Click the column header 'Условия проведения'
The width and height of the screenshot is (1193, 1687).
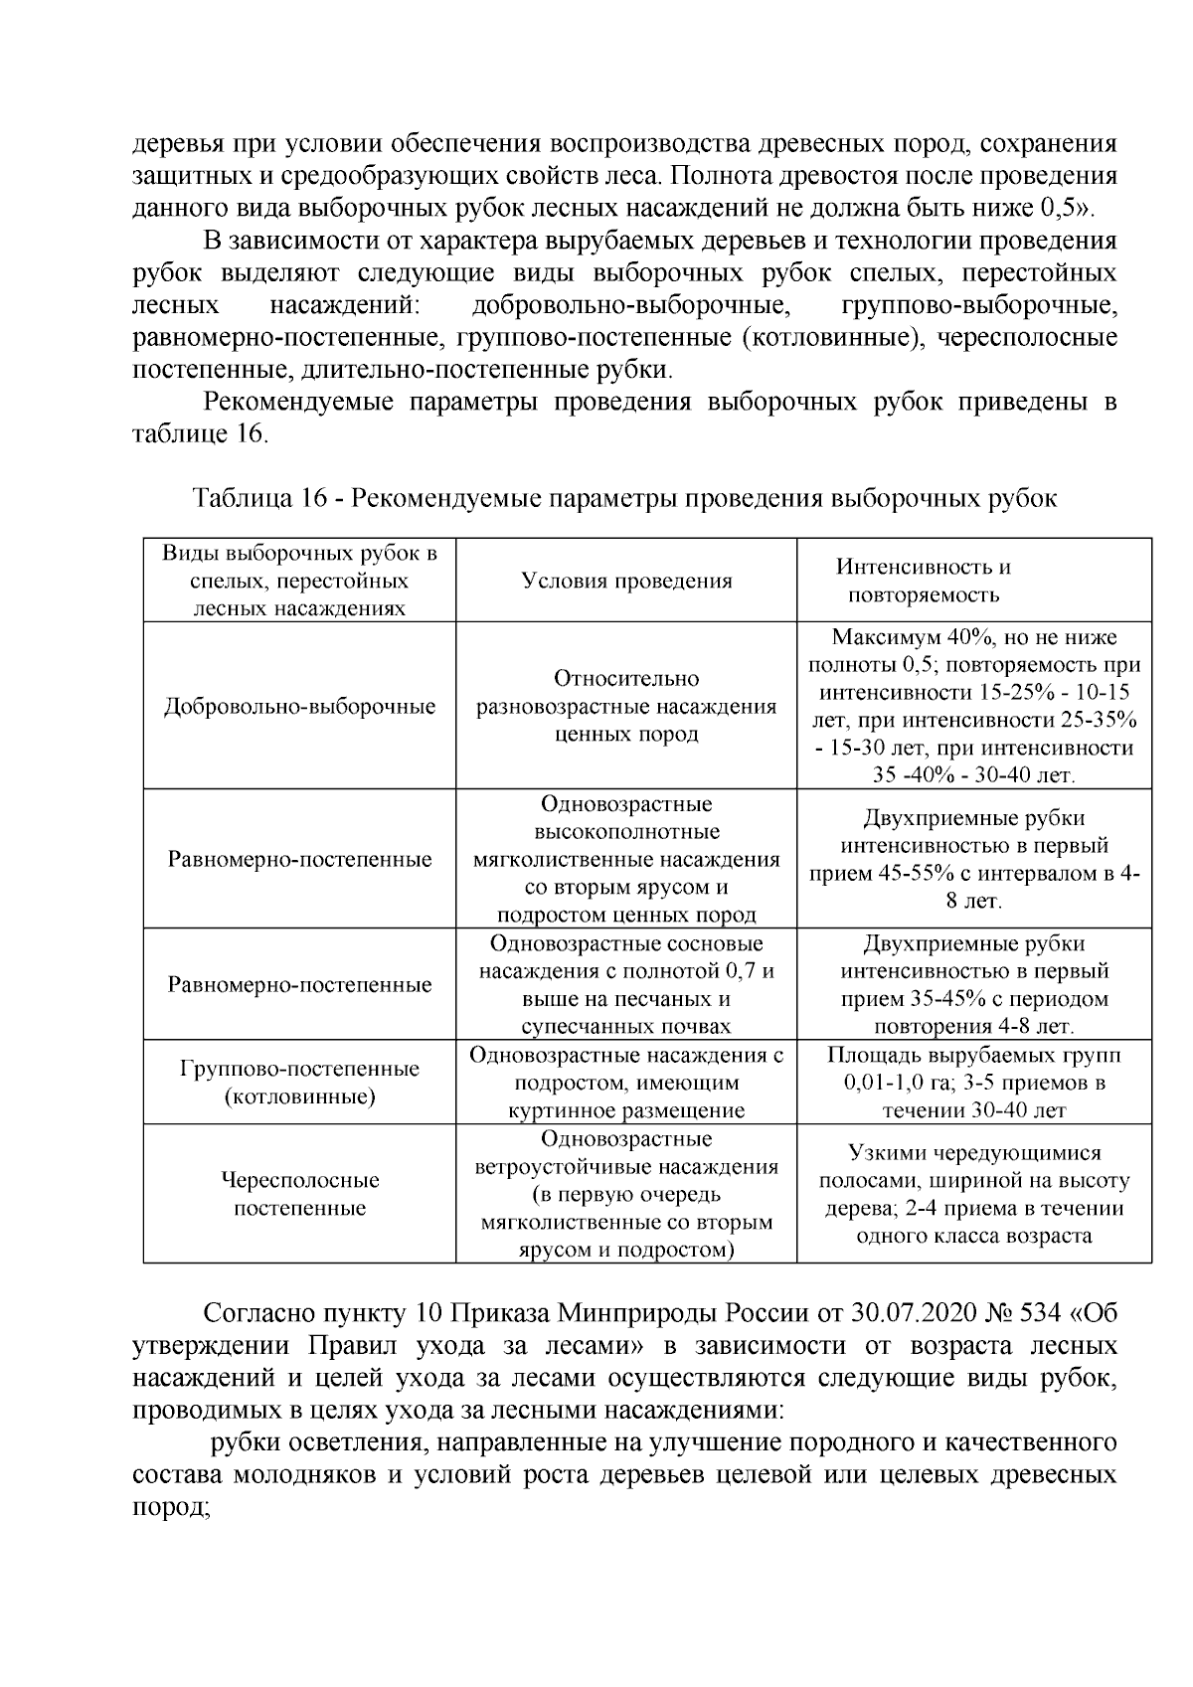[x=626, y=582]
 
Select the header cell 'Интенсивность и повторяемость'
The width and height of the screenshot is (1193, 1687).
[x=923, y=582]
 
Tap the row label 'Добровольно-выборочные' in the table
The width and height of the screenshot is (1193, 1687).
[x=299, y=707]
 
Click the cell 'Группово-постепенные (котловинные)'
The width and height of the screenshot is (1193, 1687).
[x=299, y=1083]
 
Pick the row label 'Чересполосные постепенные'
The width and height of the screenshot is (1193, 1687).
[x=299, y=1194]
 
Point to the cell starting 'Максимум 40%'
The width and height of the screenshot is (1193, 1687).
[x=974, y=706]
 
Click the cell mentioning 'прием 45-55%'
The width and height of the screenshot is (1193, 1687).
[x=974, y=860]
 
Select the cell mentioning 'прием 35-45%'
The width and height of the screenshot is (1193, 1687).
[x=974, y=984]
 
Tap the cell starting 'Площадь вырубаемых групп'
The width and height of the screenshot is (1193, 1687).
[x=974, y=1083]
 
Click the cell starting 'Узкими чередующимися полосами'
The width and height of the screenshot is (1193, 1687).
[x=974, y=1194]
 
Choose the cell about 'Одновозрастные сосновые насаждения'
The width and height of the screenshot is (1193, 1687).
[x=626, y=984]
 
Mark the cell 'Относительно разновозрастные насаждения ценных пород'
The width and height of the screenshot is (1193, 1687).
[x=626, y=707]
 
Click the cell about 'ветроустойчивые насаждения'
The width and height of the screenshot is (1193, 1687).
[x=626, y=1194]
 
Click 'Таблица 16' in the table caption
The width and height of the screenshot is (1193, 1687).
[x=260, y=498]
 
